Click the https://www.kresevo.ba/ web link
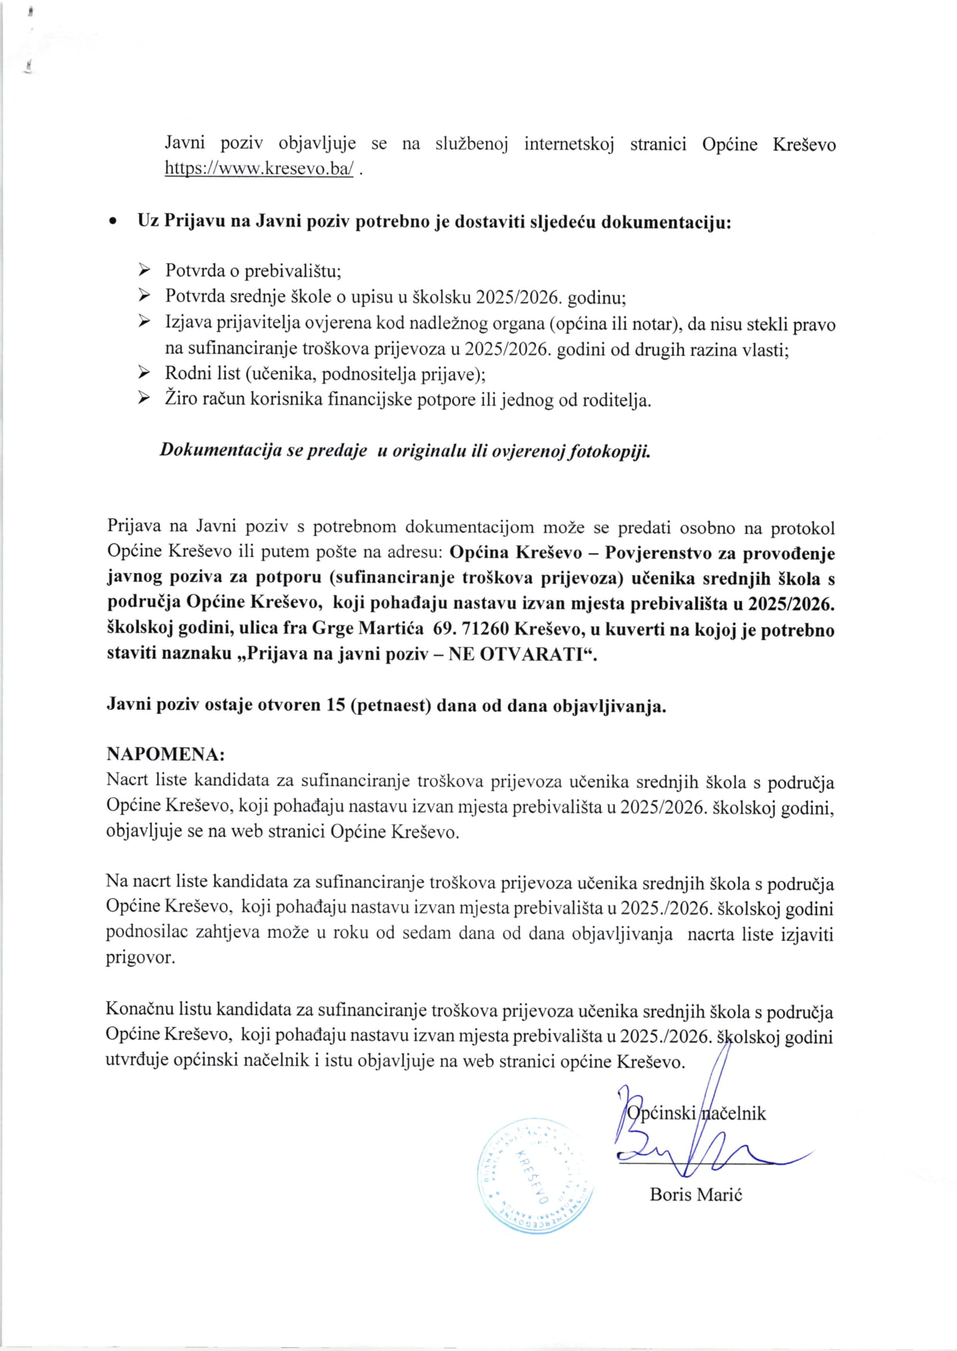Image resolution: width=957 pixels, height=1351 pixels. coord(259,169)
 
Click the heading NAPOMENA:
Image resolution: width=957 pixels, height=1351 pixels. coord(165,755)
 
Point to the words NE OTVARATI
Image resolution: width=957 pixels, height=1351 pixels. coord(518,655)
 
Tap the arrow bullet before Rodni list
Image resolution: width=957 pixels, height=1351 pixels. coord(143,373)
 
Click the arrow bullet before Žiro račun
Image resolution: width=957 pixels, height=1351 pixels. coord(143,399)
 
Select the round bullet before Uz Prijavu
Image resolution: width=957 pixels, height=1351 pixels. coord(112,223)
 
